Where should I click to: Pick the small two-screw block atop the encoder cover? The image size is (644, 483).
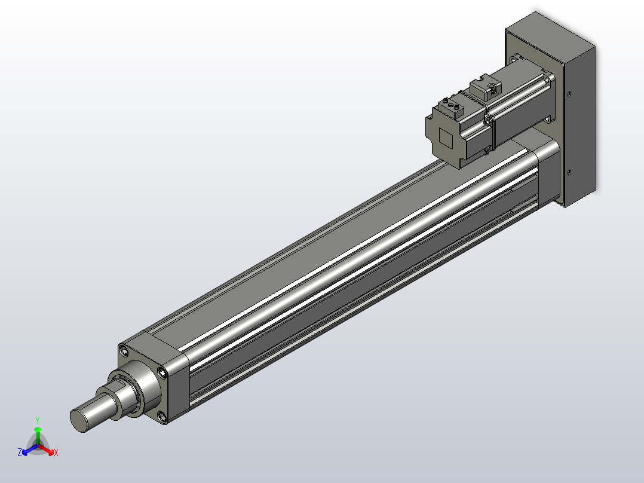(451, 108)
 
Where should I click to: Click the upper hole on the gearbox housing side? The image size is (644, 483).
(569, 94)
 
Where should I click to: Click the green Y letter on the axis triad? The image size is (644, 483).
(37, 420)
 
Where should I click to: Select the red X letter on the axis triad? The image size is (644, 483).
(56, 453)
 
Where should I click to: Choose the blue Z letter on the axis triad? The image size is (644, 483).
(20, 453)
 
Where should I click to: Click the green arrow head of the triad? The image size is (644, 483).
(38, 429)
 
